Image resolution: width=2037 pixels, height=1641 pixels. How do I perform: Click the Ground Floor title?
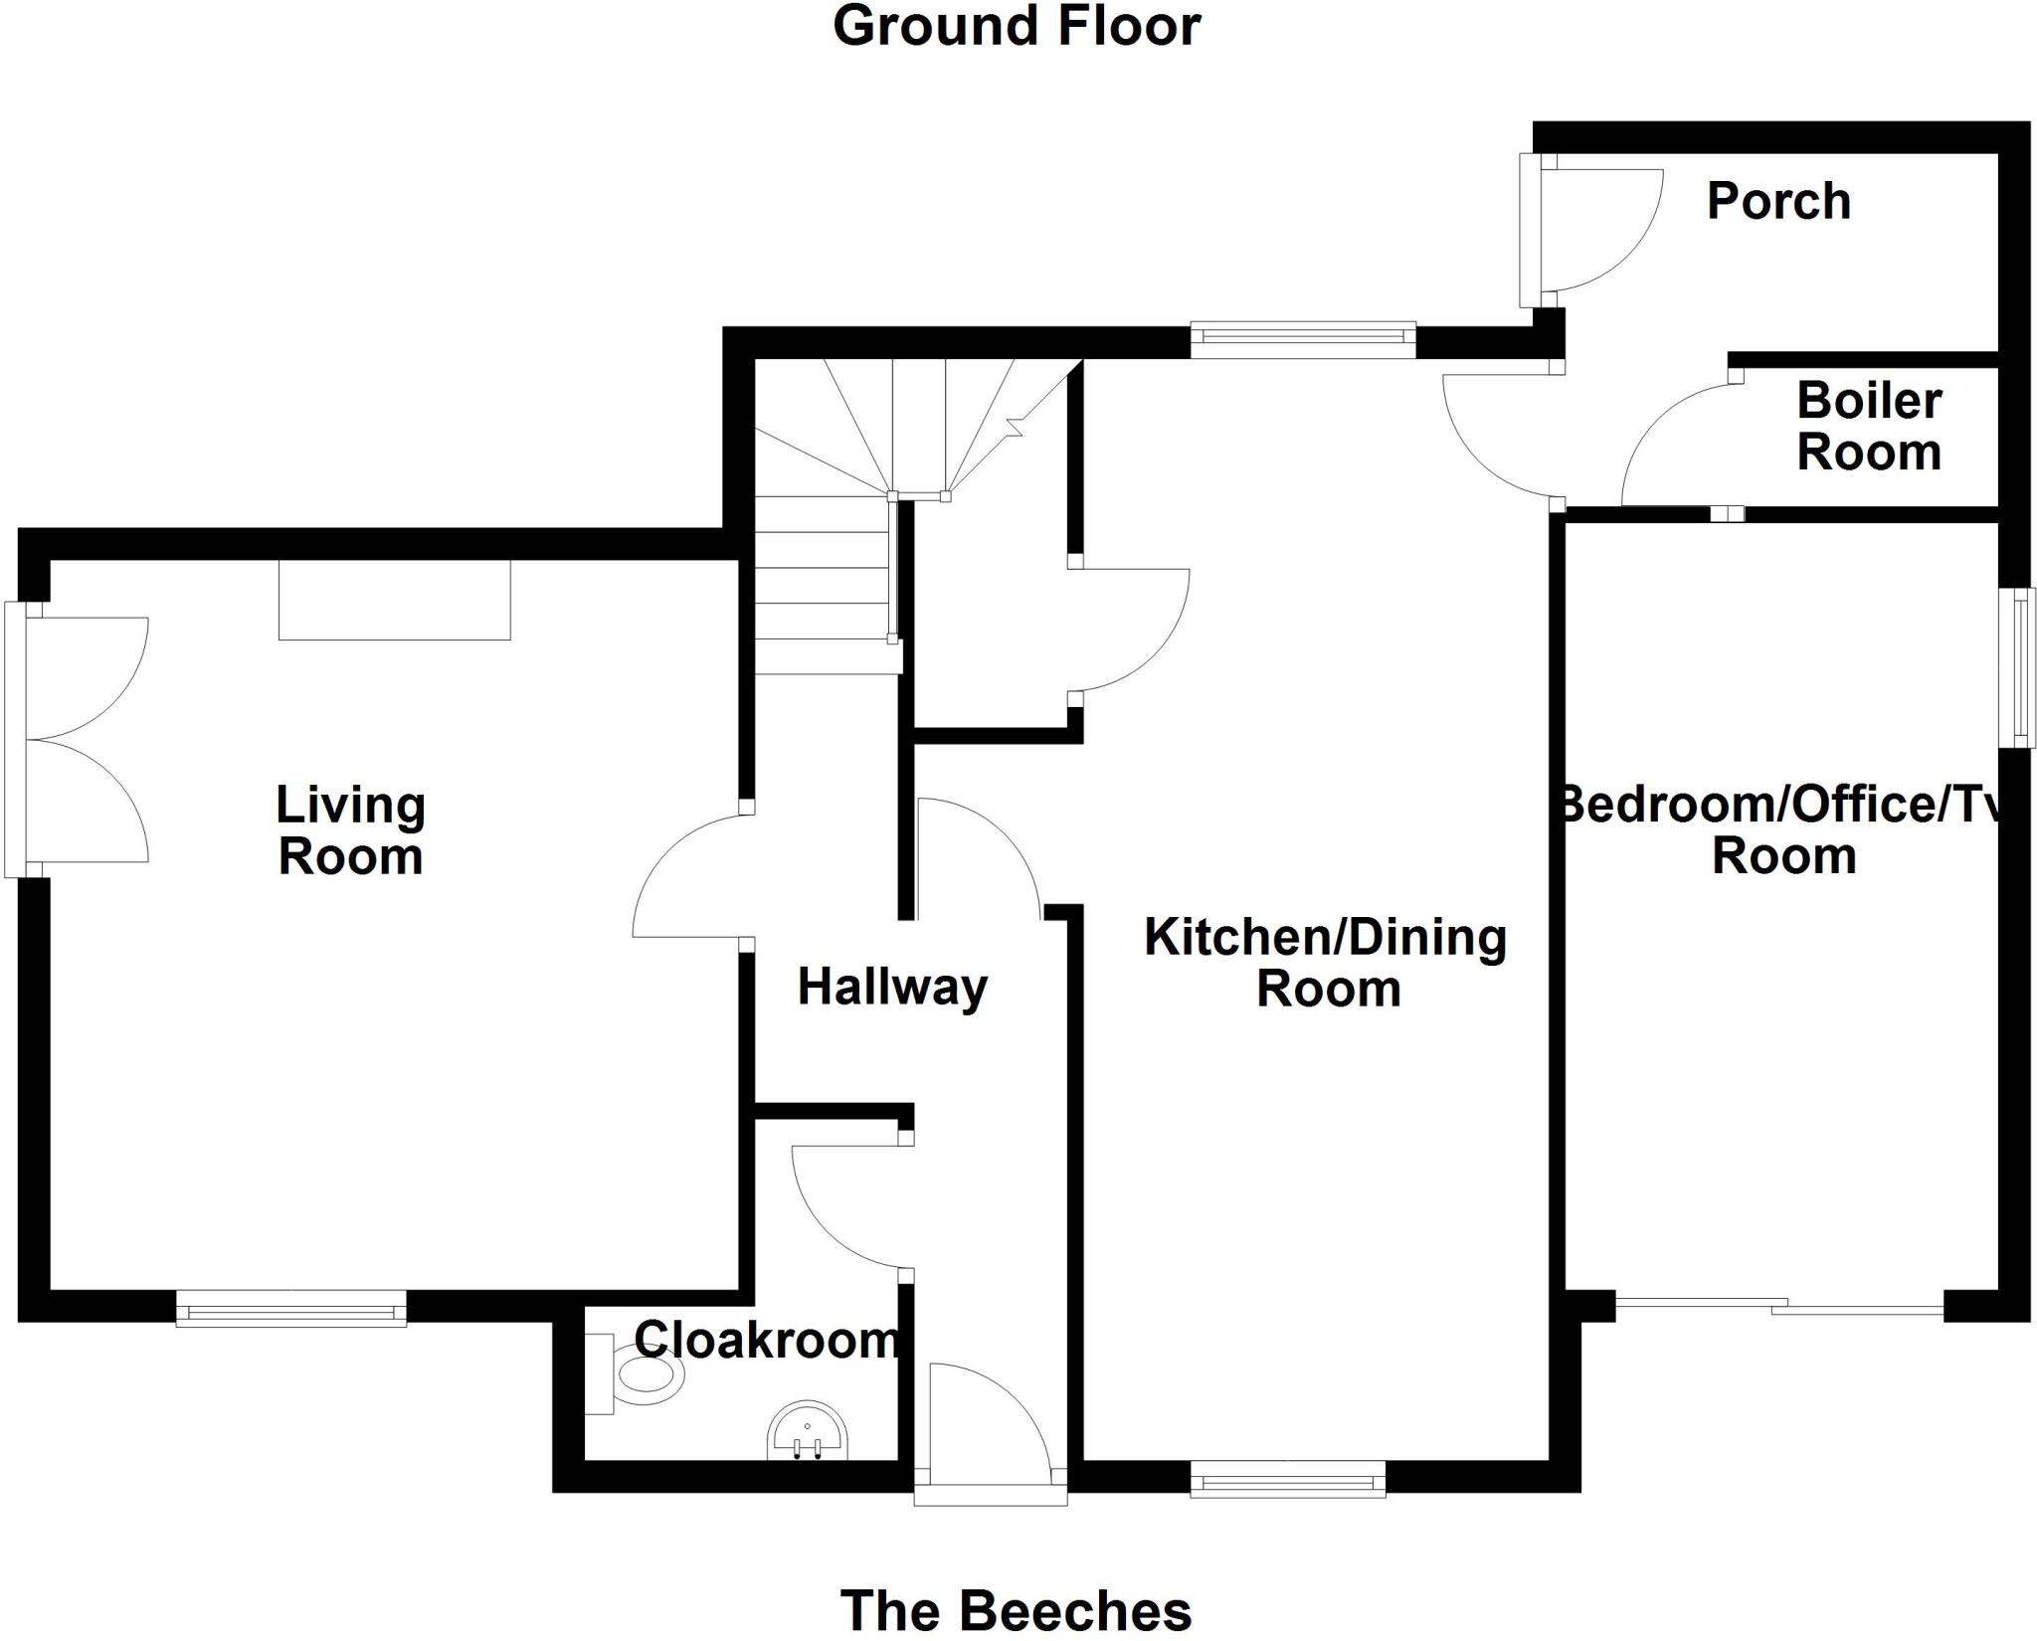(1016, 27)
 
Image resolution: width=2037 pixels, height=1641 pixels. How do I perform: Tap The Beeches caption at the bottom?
(1016, 1609)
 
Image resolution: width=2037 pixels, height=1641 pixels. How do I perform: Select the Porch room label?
(1778, 202)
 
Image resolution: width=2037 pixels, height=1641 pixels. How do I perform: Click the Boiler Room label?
(1868, 428)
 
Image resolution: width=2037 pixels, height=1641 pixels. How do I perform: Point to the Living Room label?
(350, 831)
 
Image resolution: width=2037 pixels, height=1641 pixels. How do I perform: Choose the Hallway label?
(892, 988)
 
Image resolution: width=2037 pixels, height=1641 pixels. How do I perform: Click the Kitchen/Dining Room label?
(1326, 963)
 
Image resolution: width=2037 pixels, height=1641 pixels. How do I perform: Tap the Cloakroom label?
(766, 1341)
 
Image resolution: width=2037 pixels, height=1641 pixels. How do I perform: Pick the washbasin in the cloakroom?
(808, 1432)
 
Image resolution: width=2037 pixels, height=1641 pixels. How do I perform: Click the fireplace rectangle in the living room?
(394, 600)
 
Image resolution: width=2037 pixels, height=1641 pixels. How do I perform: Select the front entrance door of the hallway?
(990, 1432)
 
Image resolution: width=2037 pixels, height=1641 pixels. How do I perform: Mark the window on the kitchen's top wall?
(1302, 340)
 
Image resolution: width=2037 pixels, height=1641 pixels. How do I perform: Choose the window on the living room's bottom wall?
(291, 1308)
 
